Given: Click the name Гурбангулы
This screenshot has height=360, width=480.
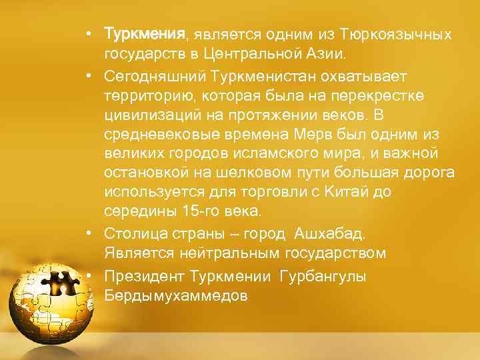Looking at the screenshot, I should click(x=323, y=276).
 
